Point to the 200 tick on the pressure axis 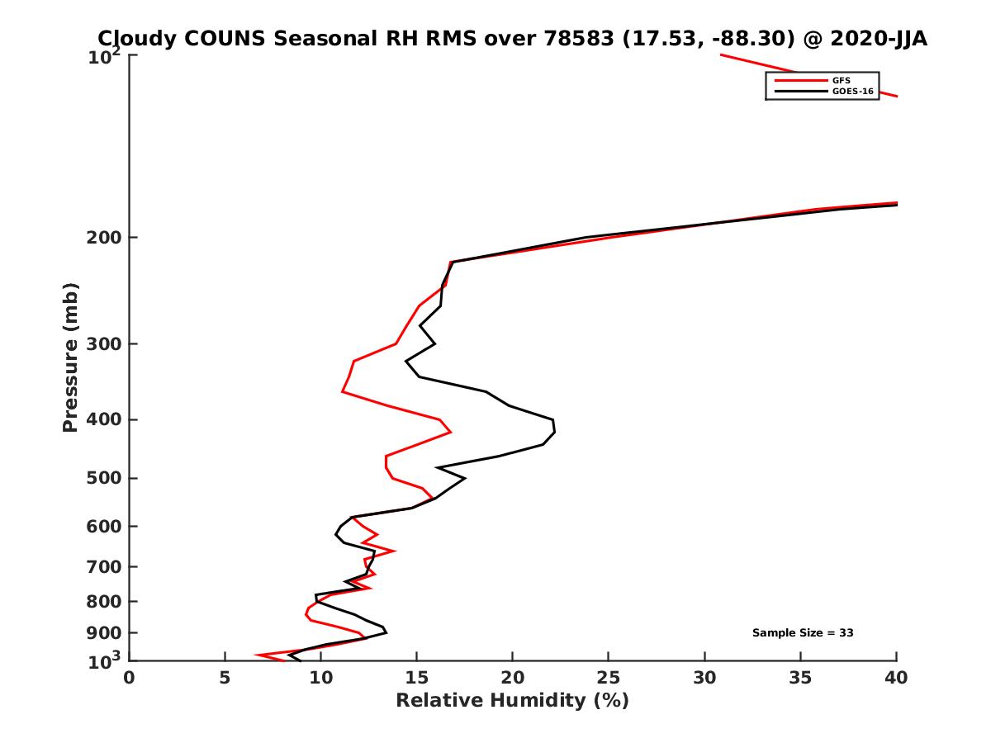[x=107, y=238]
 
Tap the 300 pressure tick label [x=107, y=343]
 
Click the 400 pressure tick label [x=107, y=419]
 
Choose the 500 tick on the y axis [x=107, y=478]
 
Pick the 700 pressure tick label [x=107, y=566]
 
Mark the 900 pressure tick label [x=107, y=633]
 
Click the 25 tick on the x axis [x=609, y=678]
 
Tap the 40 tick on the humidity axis [x=896, y=678]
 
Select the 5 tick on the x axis [x=225, y=678]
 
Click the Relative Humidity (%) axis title [x=512, y=701]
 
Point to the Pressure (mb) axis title [x=70, y=357]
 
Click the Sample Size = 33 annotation [x=802, y=633]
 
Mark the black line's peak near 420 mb [x=555, y=429]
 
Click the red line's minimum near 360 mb [x=343, y=391]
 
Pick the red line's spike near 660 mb [x=394, y=551]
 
